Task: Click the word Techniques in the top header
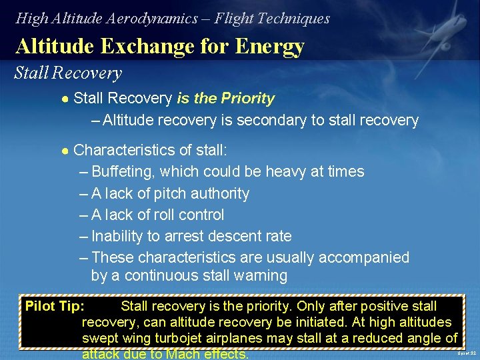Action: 296,19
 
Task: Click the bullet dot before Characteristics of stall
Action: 65,151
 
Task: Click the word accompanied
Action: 364,258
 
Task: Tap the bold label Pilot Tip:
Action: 55,307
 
